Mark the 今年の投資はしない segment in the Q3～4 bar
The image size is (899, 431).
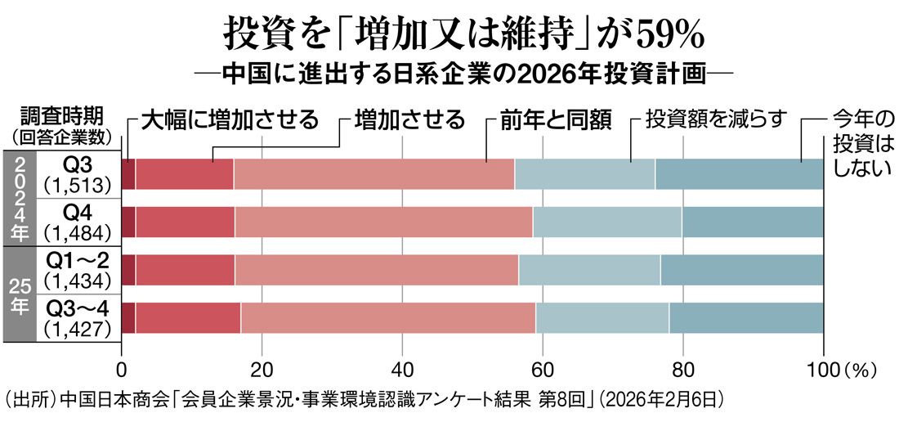pos(746,317)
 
